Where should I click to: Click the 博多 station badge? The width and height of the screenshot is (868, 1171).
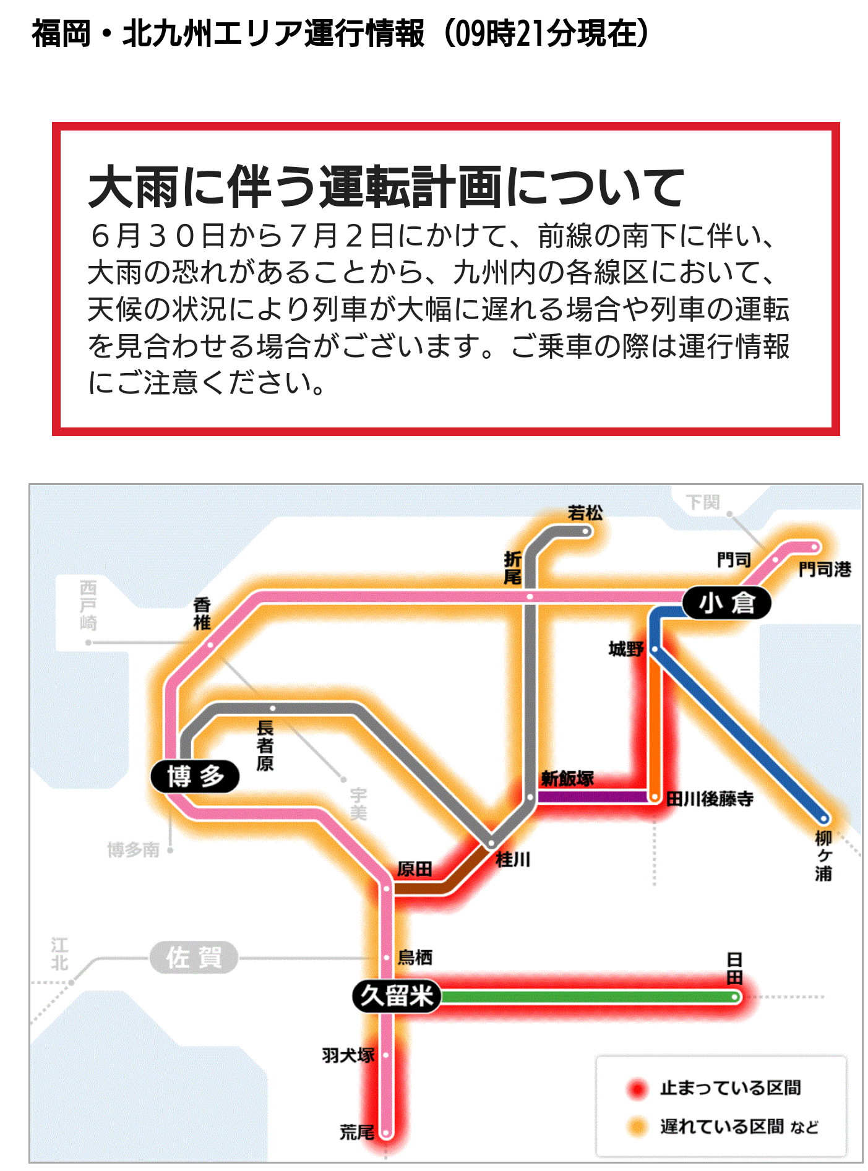tap(194, 776)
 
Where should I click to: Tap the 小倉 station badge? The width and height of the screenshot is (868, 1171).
tap(726, 602)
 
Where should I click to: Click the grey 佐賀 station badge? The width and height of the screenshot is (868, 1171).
tap(194, 958)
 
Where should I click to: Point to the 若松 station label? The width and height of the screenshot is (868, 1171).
tap(585, 513)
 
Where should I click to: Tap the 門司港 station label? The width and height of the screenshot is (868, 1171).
tap(824, 569)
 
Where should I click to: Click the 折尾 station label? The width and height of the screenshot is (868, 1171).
tap(512, 568)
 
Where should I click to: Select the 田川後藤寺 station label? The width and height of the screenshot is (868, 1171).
tap(710, 799)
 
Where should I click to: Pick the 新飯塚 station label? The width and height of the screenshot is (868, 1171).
tap(567, 779)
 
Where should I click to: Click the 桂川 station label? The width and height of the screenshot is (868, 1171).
tap(513, 859)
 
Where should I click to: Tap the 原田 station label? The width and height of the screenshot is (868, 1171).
tap(414, 869)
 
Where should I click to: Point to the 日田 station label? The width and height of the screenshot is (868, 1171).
tap(734, 968)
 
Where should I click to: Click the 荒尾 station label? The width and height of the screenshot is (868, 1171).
tap(357, 1133)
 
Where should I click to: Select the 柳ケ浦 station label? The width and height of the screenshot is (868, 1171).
tap(823, 856)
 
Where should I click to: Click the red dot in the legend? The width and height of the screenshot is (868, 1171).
tap(637, 1089)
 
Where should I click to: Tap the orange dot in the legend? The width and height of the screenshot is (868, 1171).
tap(637, 1127)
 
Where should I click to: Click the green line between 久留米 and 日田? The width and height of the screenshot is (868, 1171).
tap(588, 997)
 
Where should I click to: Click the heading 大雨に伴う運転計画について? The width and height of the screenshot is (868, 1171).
tap(386, 187)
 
